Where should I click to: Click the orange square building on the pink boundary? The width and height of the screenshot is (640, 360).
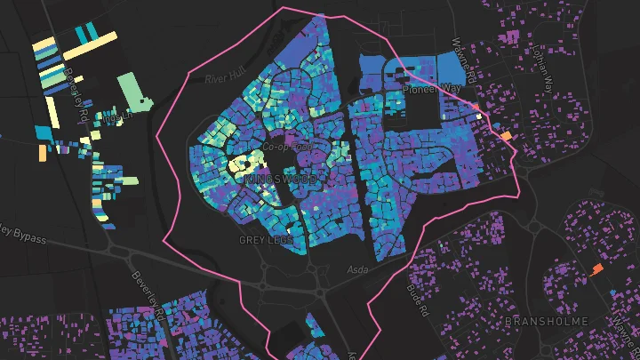pos(506,136)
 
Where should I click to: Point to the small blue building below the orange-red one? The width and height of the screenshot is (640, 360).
pos(615,291)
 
